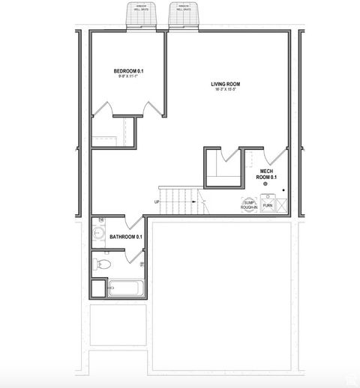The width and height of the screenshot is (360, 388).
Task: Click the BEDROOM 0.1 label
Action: pyautogui.click(x=128, y=71)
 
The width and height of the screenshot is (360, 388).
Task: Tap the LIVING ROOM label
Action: pyautogui.click(x=224, y=84)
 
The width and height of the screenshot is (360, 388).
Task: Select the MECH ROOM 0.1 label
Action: pyautogui.click(x=267, y=175)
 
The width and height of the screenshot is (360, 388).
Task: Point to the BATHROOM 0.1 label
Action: pyautogui.click(x=125, y=237)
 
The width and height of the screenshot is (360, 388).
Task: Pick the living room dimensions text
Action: pyautogui.click(x=224, y=90)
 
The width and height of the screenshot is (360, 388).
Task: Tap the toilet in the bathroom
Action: pyautogui.click(x=102, y=264)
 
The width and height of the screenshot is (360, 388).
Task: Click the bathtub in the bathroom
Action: pyautogui.click(x=125, y=288)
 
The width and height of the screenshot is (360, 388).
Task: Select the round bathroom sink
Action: pyautogui.click(x=97, y=233)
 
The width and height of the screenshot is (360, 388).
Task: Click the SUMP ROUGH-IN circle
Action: pyautogui.click(x=249, y=204)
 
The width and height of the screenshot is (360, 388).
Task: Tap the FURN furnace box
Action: pyautogui.click(x=268, y=204)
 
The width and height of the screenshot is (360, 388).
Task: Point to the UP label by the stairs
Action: pyautogui.click(x=157, y=201)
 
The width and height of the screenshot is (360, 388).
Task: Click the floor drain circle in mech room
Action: pyautogui.click(x=265, y=184)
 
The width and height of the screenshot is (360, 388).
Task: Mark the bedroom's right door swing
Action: pyautogui.click(x=154, y=107)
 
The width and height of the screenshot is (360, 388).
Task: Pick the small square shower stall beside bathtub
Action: pyautogui.click(x=99, y=288)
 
